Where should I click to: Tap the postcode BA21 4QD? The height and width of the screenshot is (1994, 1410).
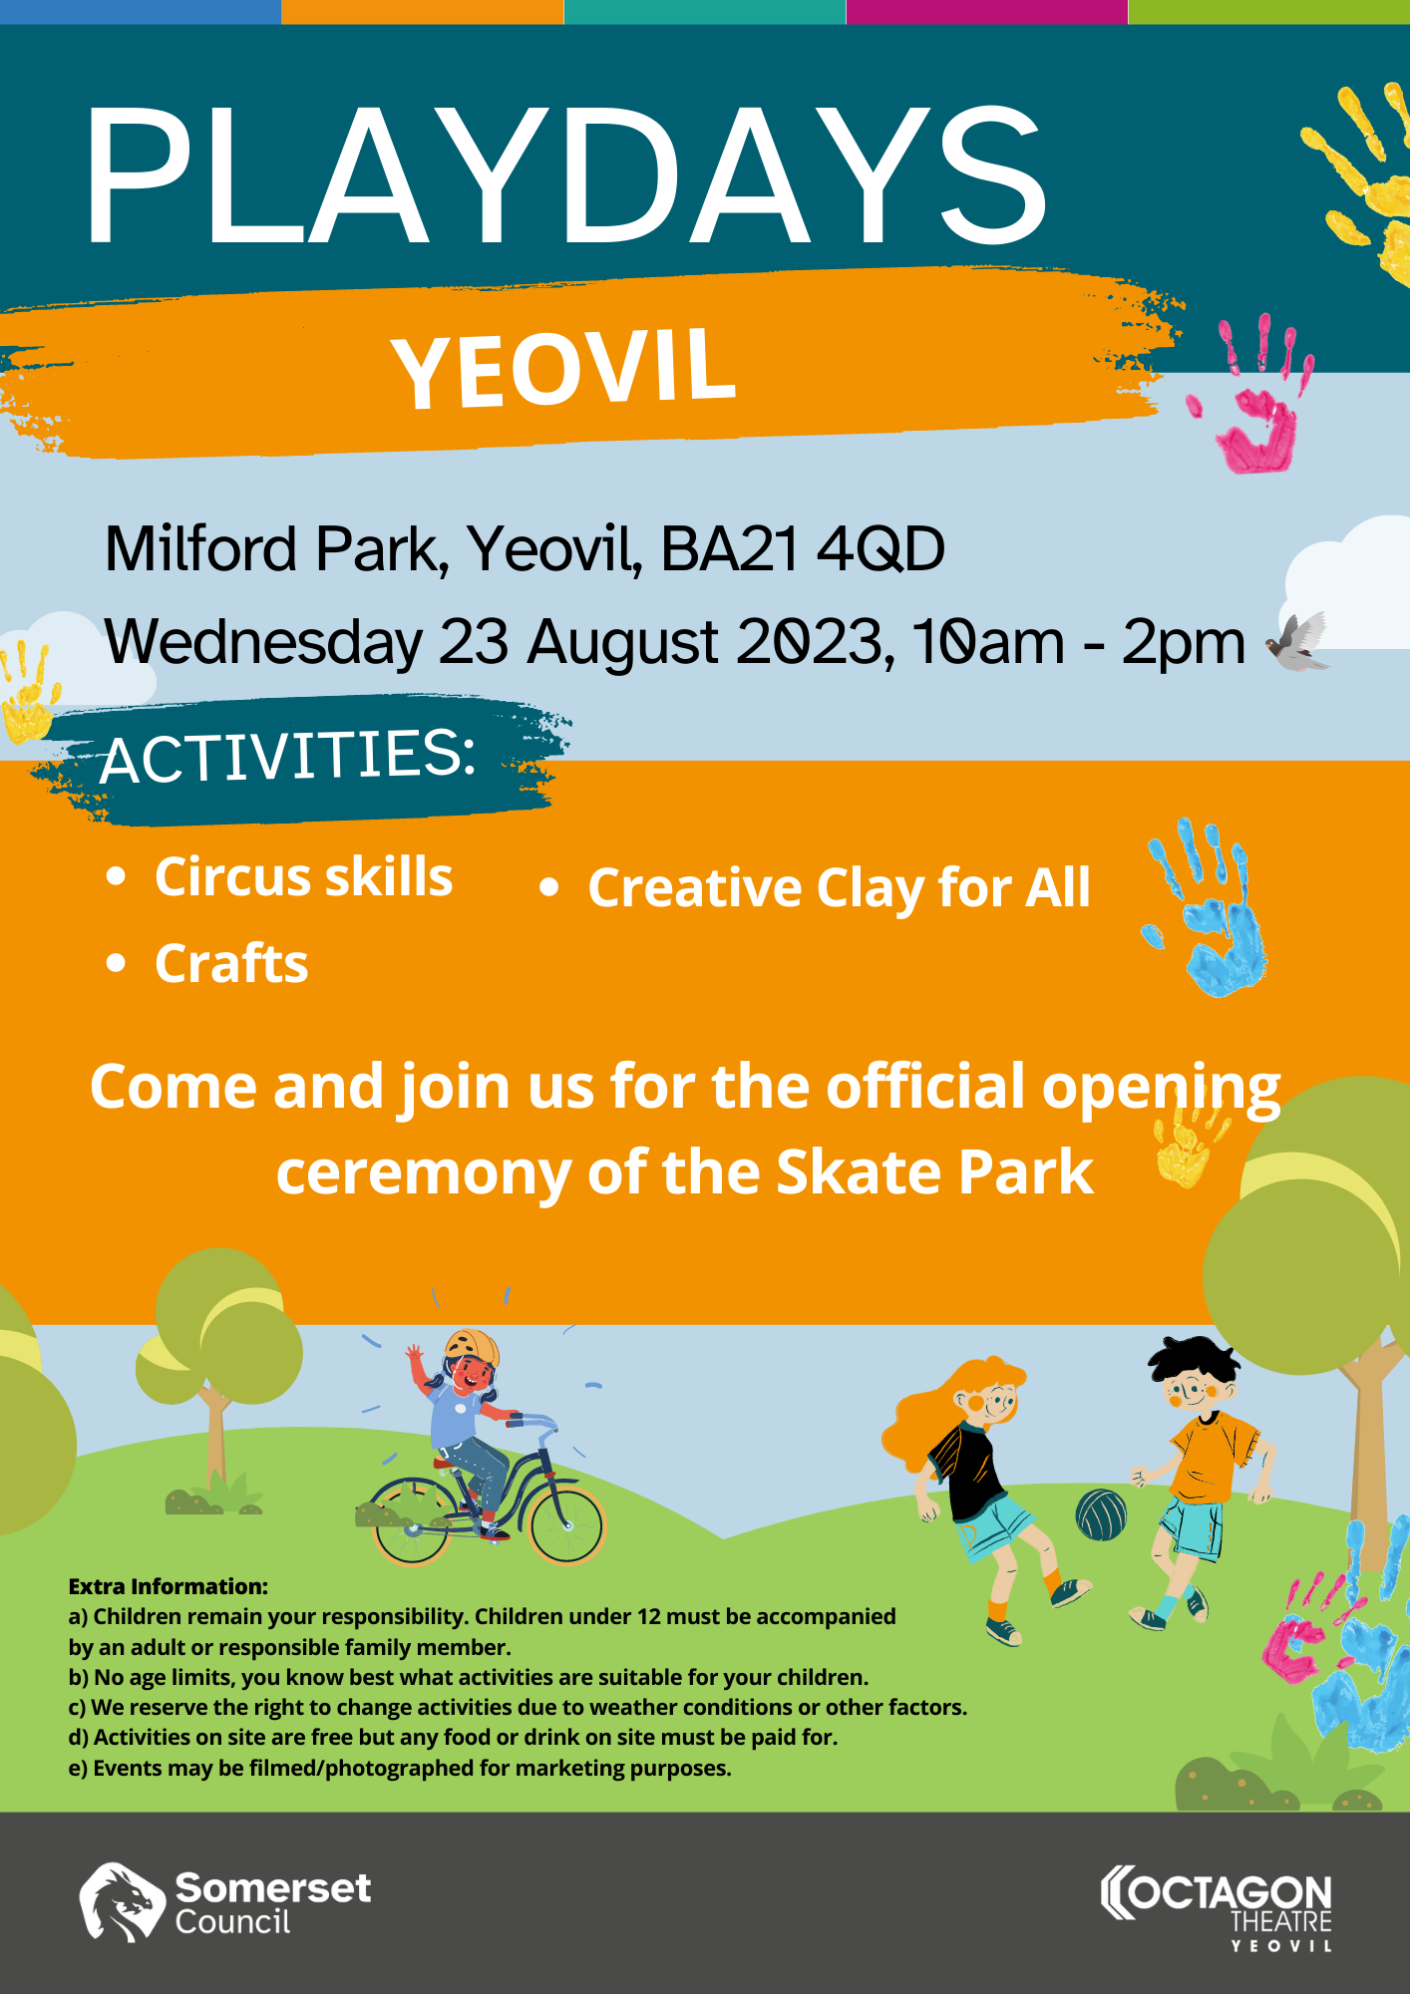click(803, 549)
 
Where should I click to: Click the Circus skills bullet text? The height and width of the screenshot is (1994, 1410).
click(304, 877)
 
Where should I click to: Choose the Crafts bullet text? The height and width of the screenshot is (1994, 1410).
click(231, 964)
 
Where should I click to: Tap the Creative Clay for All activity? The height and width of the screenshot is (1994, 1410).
click(839, 888)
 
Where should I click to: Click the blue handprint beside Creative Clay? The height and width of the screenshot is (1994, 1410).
click(1209, 908)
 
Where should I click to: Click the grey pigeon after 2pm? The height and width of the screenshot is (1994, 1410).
click(1297, 642)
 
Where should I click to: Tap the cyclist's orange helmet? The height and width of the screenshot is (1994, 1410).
click(473, 1346)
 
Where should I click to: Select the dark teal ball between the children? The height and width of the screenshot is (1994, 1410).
click(1101, 1515)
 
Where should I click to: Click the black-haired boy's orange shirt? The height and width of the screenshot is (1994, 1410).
click(1212, 1457)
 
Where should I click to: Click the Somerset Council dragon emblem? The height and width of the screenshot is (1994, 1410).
click(122, 1902)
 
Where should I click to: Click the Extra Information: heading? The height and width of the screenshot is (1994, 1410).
click(169, 1586)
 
